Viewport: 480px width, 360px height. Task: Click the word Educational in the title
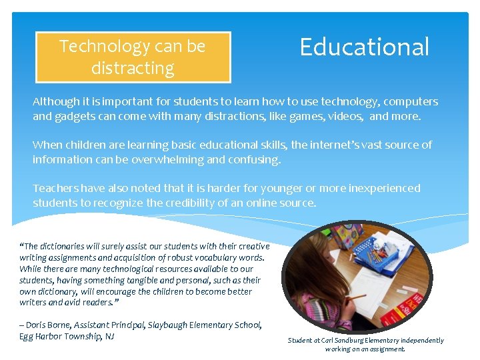pos(364,47)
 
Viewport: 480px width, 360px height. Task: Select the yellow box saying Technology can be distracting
pos(132,57)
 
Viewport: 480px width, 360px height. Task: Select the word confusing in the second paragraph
pos(257,159)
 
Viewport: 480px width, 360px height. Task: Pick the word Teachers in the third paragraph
pos(56,188)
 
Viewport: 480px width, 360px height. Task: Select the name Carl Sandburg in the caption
pos(345,341)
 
